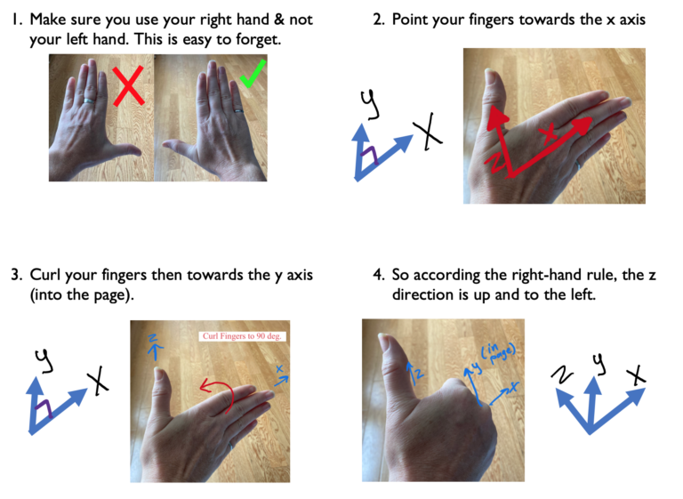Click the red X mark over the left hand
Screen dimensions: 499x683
click(x=129, y=89)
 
